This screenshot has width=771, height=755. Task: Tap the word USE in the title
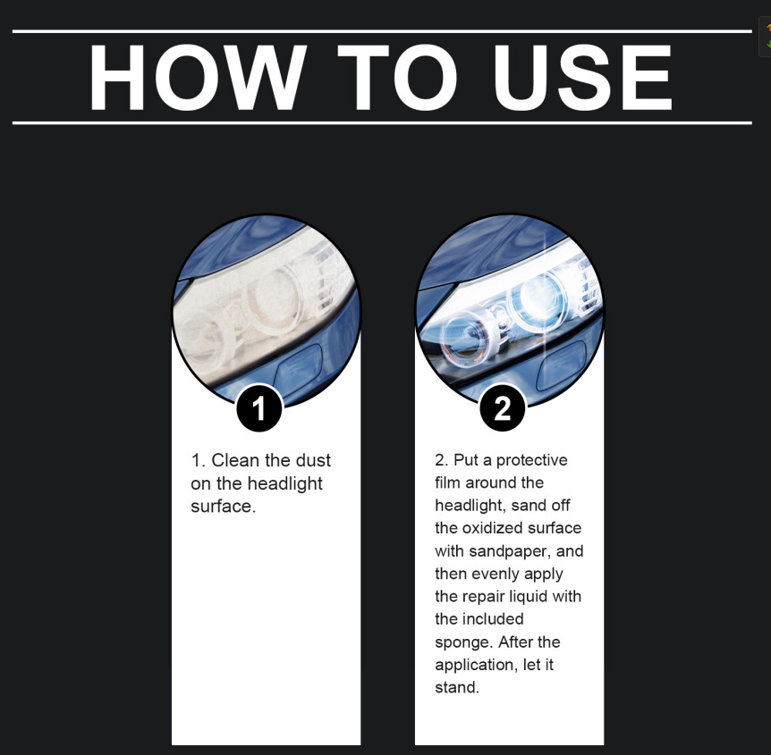[x=583, y=77]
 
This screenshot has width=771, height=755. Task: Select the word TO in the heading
[x=398, y=77]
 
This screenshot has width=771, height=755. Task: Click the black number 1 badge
[x=259, y=408]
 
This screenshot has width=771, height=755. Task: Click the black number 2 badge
[x=502, y=408]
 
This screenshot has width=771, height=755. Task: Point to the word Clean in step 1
[x=235, y=460]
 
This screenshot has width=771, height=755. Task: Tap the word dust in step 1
[x=313, y=460]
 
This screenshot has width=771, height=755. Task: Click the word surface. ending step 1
[x=224, y=507]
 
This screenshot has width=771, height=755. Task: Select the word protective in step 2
[x=531, y=460]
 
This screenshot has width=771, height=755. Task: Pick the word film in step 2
[x=447, y=482]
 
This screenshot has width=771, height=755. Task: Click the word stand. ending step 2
[x=457, y=687]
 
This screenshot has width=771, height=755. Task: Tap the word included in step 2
[x=493, y=619]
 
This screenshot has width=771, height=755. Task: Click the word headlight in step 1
[x=284, y=484]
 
